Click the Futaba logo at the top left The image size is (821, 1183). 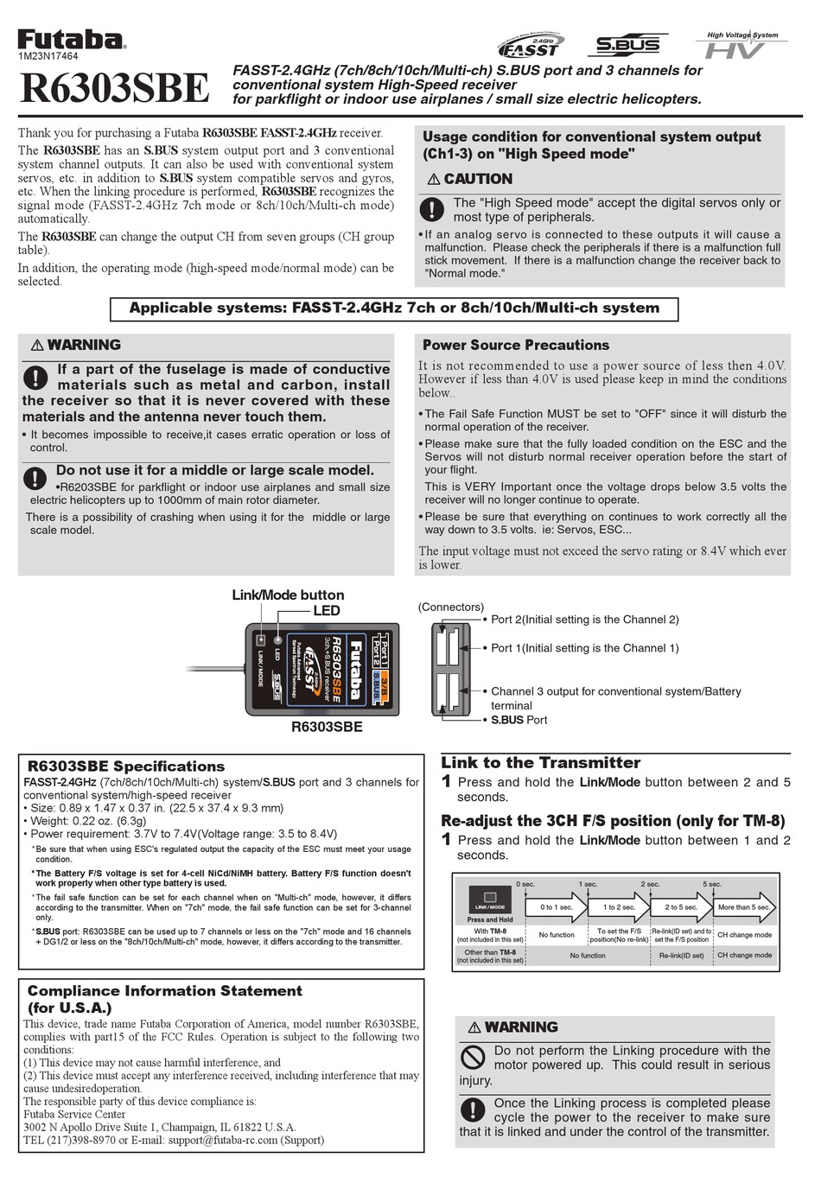tap(72, 39)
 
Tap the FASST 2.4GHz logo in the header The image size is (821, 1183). tap(531, 45)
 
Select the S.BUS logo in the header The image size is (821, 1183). tap(628, 45)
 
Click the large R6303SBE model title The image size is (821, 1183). tap(114, 87)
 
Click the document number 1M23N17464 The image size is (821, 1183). tap(48, 56)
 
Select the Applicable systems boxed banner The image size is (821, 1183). tap(394, 308)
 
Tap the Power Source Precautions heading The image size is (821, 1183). tap(515, 345)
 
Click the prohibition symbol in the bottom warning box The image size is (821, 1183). tap(473, 1057)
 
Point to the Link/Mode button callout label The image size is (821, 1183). tap(288, 595)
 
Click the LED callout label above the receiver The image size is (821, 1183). tap(326, 610)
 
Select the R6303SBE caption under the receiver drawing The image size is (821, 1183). tap(327, 727)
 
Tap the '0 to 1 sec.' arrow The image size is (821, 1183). tap(558, 906)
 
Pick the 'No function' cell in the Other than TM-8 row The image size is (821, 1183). tap(588, 956)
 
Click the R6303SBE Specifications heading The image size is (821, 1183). tap(126, 766)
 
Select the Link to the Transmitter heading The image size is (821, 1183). tap(540, 762)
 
